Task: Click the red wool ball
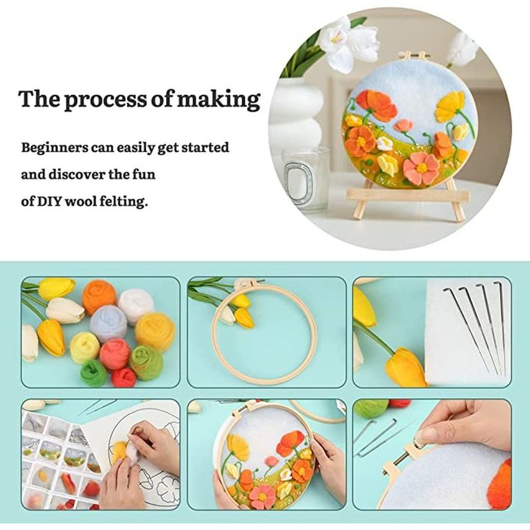point(123,377)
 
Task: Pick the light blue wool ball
point(108,324)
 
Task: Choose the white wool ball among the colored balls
point(136,305)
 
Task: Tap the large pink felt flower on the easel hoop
point(421,168)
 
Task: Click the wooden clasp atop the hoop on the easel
point(415,55)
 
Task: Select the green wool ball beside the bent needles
point(371,409)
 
